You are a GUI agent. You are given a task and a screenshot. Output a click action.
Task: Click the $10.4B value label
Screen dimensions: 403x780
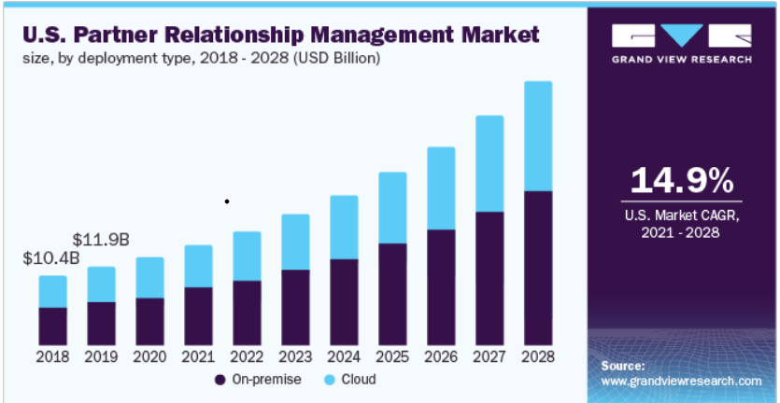tap(50, 257)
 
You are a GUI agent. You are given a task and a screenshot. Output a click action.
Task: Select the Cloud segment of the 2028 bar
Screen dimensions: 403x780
tap(538, 136)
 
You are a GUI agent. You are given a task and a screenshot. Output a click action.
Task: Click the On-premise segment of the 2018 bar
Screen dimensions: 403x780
tap(52, 325)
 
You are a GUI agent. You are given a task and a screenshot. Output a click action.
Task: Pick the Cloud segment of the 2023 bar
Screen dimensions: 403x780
tap(295, 242)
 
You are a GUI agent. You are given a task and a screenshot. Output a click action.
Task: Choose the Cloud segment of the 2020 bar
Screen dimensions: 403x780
tap(149, 277)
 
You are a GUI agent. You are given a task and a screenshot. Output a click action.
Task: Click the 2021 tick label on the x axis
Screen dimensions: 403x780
tap(198, 356)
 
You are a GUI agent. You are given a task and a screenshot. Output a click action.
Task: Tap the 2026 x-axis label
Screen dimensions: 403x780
tap(441, 356)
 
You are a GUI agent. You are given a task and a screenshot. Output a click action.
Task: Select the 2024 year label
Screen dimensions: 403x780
tap(344, 356)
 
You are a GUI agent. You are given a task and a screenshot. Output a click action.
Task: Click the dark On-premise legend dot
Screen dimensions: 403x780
tap(220, 380)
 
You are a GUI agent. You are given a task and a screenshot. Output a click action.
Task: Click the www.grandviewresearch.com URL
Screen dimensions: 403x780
tap(680, 382)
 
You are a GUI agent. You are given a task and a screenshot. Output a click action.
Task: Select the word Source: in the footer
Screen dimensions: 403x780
tap(622, 366)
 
